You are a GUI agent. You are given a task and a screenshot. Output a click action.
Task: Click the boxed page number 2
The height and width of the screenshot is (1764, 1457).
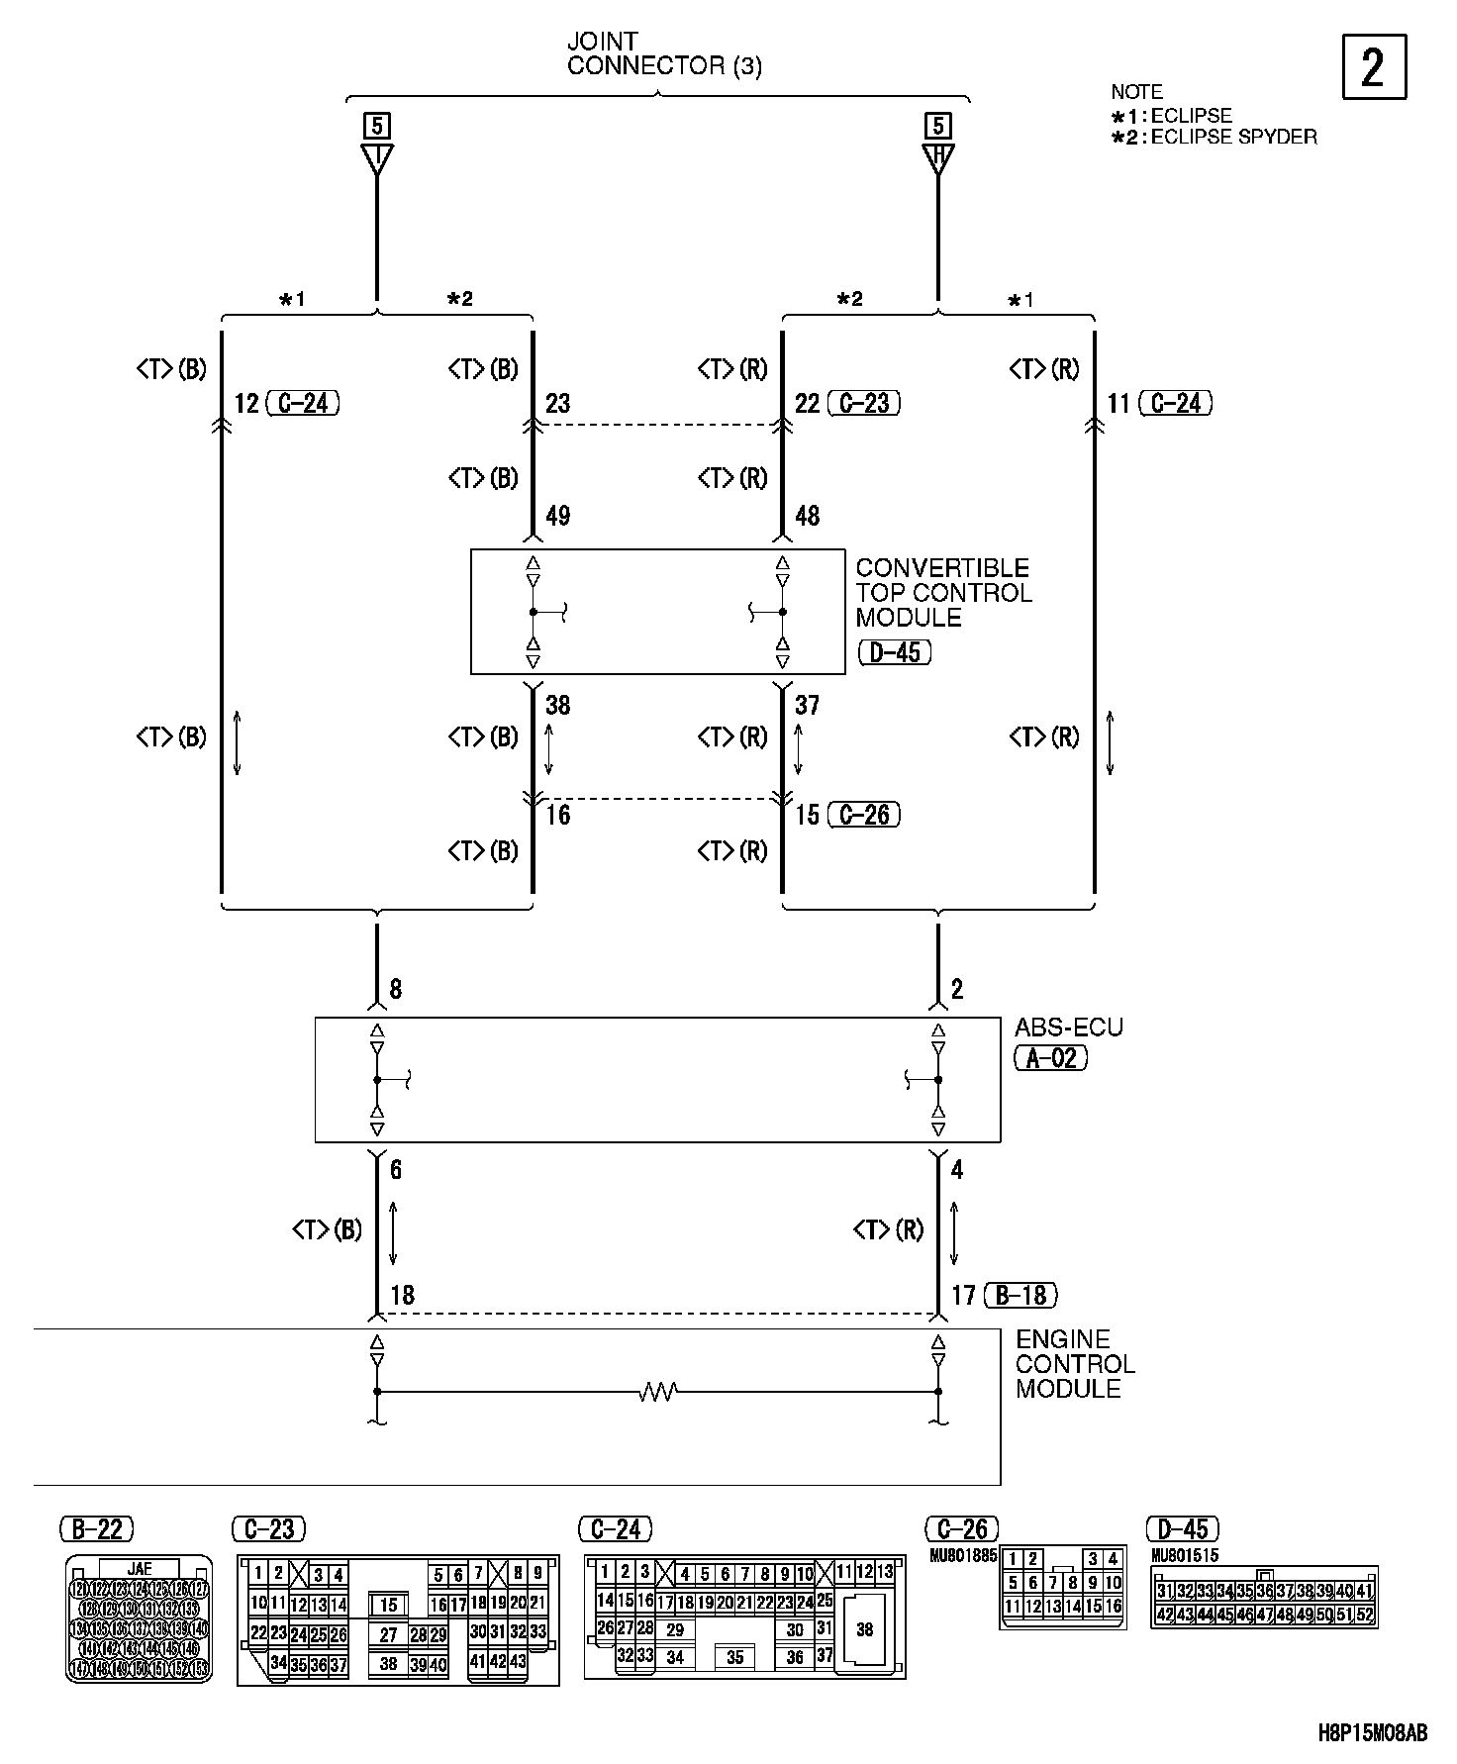pyautogui.click(x=1373, y=67)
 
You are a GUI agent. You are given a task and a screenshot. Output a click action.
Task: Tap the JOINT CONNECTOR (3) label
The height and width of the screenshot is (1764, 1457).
pyautogui.click(x=663, y=54)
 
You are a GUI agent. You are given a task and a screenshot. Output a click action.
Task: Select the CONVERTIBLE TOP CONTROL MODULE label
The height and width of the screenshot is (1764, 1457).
pyautogui.click(x=942, y=592)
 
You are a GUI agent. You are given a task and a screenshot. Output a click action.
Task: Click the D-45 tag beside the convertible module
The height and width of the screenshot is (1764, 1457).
pyautogui.click(x=894, y=652)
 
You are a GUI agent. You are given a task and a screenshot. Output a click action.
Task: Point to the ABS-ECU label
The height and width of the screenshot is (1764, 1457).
pyautogui.click(x=1069, y=1028)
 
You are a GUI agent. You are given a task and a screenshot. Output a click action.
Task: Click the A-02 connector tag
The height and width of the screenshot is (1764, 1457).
pyautogui.click(x=1051, y=1058)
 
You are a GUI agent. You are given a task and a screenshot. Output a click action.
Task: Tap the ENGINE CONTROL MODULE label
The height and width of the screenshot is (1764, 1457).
pyautogui.click(x=1074, y=1363)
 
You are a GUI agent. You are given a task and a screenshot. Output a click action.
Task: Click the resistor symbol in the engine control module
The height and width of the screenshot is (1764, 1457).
pyautogui.click(x=657, y=1392)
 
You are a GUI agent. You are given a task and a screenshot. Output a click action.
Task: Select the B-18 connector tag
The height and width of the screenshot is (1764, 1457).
pyautogui.click(x=1021, y=1294)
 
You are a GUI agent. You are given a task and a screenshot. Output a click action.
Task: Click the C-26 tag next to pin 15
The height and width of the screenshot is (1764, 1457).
pyautogui.click(x=864, y=815)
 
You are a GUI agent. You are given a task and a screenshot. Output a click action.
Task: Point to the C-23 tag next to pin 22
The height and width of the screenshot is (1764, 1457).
pyautogui.click(x=864, y=403)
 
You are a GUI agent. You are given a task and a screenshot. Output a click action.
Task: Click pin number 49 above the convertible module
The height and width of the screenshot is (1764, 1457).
pyautogui.click(x=558, y=516)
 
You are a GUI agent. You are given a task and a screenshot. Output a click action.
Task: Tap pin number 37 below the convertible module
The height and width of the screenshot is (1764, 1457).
pyautogui.click(x=808, y=705)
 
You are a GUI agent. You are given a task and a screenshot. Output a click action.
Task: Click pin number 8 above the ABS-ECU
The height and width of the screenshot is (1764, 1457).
pyautogui.click(x=396, y=989)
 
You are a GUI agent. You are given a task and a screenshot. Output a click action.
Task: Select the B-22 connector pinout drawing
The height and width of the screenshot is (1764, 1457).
pyautogui.click(x=139, y=1617)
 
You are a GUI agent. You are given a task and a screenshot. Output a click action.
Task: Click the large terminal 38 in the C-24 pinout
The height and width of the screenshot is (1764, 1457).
pyautogui.click(x=864, y=1629)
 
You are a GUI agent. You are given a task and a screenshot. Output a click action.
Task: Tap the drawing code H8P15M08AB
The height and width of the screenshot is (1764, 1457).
pyautogui.click(x=1372, y=1732)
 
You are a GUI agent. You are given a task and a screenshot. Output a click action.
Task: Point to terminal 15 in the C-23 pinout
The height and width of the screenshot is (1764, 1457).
pyautogui.click(x=389, y=1606)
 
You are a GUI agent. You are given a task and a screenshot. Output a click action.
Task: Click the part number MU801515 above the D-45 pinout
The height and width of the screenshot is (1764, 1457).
pyautogui.click(x=1186, y=1555)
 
